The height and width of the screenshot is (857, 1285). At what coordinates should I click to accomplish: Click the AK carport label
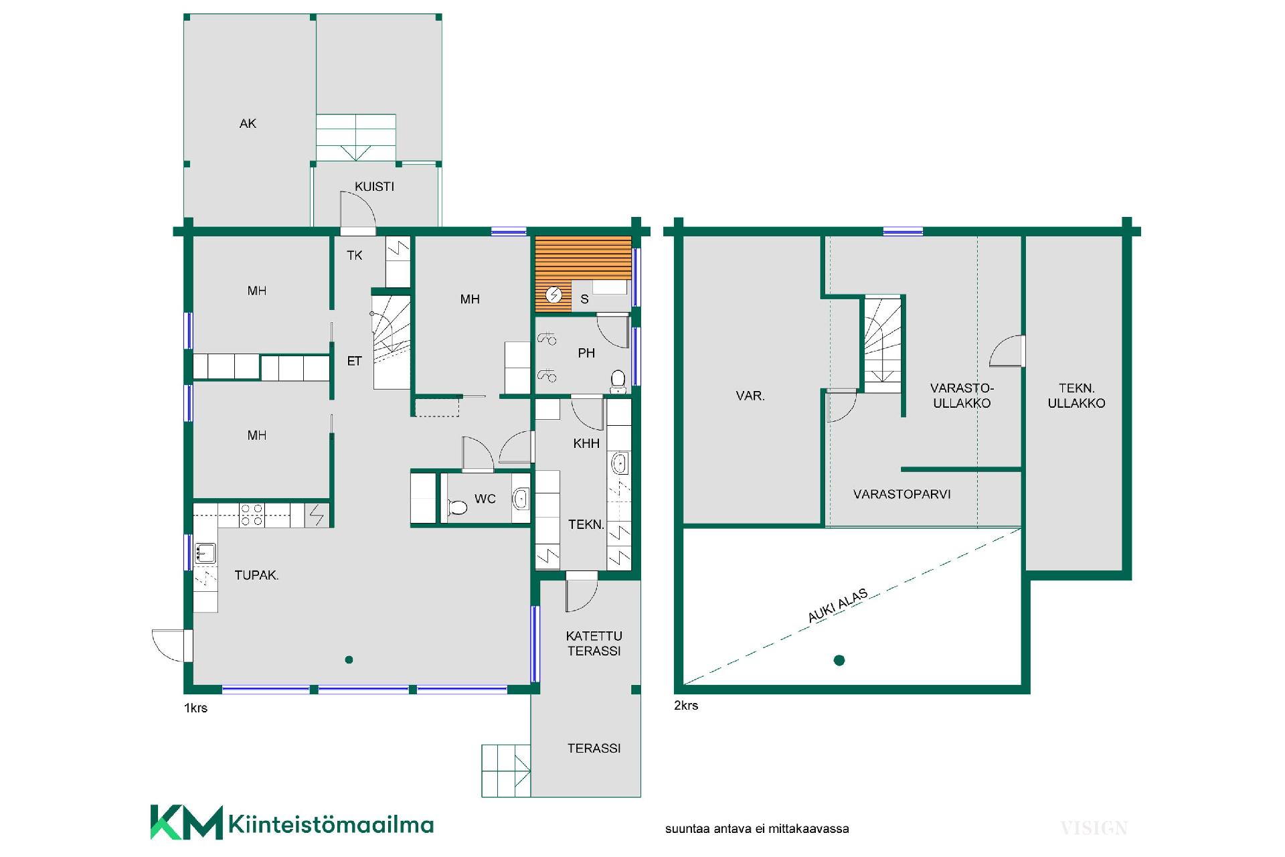[248, 124]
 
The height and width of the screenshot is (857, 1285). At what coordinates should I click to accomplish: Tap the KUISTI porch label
[374, 187]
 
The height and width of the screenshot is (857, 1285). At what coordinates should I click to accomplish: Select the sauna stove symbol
[553, 295]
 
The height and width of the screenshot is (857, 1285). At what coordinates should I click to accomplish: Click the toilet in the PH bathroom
[618, 381]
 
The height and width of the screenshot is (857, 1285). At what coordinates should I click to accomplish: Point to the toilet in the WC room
[457, 507]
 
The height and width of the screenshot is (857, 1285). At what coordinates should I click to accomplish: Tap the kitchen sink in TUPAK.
[205, 553]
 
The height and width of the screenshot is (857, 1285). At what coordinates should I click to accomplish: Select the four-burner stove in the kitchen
[252, 514]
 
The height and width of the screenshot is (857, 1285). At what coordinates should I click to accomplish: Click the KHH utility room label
[586, 443]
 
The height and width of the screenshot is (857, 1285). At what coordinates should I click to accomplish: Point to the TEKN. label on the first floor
[586, 525]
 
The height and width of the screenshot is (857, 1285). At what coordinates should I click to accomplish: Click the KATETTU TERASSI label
[594, 643]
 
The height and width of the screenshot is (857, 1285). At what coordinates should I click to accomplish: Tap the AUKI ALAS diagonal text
[838, 605]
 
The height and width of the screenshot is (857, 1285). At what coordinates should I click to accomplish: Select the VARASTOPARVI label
[902, 495]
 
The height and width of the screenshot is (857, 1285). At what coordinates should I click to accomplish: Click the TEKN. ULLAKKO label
[1076, 396]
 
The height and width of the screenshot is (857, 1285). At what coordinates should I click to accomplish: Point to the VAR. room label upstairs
[750, 396]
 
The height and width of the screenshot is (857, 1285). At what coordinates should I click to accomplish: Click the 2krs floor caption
[686, 706]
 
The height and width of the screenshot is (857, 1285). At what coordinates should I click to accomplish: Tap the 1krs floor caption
[195, 708]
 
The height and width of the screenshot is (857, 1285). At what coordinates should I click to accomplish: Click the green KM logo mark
[187, 822]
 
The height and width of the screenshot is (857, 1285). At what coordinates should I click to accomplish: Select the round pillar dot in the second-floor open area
[839, 661]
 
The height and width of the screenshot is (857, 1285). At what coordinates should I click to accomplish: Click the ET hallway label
[354, 362]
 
